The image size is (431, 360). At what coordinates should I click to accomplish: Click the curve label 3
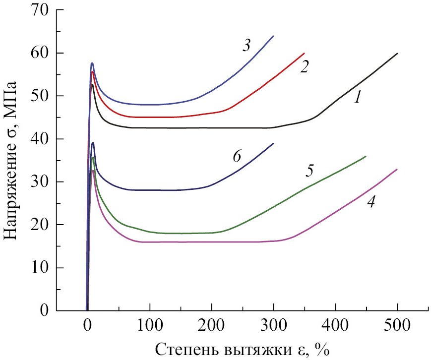pos(246,46)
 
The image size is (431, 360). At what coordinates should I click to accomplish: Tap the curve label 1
pos(357,98)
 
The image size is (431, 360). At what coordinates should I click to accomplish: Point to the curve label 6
pos(237,156)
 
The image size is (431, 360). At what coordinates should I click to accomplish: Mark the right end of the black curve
pos(397,53)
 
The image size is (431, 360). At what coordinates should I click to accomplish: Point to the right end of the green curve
pos(366,156)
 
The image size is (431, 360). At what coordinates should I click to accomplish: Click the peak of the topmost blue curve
pos(92,63)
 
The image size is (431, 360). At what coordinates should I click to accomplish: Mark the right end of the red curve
pos(304,53)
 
